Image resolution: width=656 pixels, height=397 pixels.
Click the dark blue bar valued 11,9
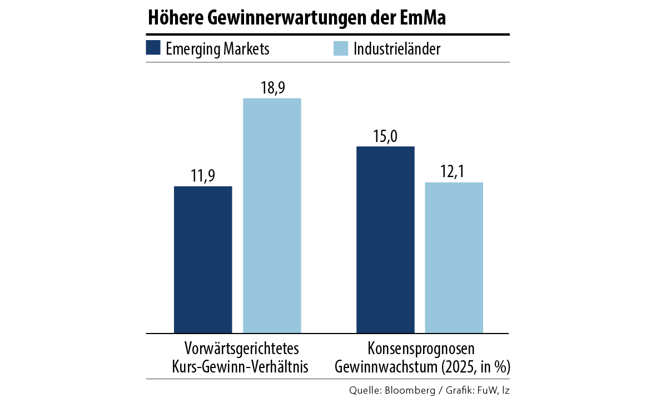(x=203, y=259)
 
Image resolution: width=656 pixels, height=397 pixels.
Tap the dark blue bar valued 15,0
(x=385, y=239)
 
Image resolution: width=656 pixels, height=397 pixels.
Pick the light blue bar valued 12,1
(x=454, y=258)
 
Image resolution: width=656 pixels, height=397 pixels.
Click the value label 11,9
(x=203, y=177)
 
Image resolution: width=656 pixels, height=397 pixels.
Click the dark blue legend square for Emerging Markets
(x=153, y=48)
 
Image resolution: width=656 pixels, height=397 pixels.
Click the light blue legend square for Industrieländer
(x=340, y=48)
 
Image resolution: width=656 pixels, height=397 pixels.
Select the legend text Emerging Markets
(x=217, y=49)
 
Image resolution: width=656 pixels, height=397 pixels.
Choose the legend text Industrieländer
(x=397, y=49)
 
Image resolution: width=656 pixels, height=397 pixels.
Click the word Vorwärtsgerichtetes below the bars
(x=242, y=350)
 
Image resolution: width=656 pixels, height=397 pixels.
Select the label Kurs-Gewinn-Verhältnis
(x=242, y=367)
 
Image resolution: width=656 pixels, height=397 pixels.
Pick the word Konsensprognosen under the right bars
(x=421, y=350)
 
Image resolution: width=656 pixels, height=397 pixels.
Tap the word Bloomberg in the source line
(x=408, y=390)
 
